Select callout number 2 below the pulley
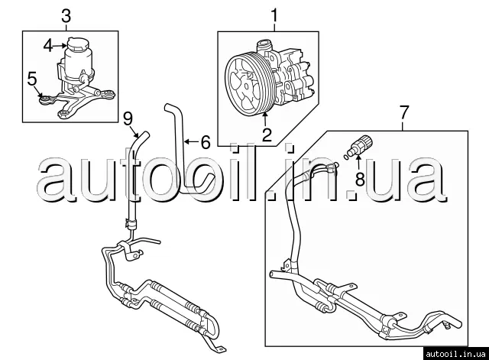(x=267, y=136)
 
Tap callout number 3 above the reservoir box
(x=66, y=15)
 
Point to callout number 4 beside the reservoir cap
(x=48, y=45)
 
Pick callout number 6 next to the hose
(x=204, y=142)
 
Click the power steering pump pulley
(x=249, y=80)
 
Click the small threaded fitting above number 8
(x=361, y=142)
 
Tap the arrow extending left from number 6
(x=192, y=142)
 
